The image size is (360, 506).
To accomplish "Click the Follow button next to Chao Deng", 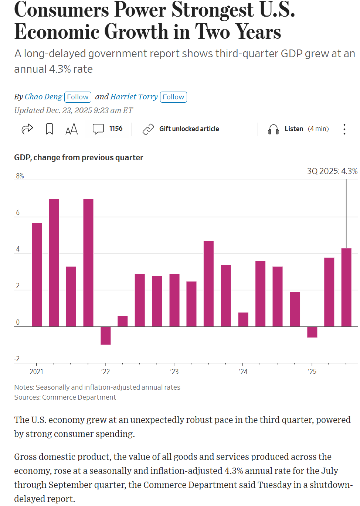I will click(x=78, y=97).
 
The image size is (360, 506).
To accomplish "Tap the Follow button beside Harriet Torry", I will click(x=173, y=97).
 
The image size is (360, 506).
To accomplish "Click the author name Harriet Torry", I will click(x=134, y=97).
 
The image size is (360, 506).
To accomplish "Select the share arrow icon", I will click(x=27, y=129).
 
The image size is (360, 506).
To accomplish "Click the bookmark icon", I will click(x=50, y=129).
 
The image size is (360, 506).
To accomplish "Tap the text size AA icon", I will click(x=71, y=129).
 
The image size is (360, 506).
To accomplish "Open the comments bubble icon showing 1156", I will click(x=98, y=129).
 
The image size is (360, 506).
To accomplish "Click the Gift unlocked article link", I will click(x=189, y=129).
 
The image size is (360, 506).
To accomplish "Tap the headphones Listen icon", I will click(x=273, y=129).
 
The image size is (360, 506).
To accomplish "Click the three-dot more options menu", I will click(x=344, y=129).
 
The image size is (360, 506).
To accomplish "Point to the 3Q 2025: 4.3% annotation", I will click(x=332, y=171).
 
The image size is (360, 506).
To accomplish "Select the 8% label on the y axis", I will click(x=20, y=176).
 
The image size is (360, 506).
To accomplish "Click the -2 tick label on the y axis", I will click(x=17, y=359).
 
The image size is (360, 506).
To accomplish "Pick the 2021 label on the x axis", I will click(x=37, y=372).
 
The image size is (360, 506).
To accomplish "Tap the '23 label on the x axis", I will click(x=174, y=372).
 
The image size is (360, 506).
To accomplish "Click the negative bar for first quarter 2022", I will click(x=106, y=336).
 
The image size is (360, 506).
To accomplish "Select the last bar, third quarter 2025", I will click(x=346, y=287).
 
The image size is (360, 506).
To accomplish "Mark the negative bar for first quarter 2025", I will click(x=312, y=332).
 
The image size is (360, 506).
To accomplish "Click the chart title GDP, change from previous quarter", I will click(x=78, y=158).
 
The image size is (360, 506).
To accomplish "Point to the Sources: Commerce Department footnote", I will click(x=65, y=397).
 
